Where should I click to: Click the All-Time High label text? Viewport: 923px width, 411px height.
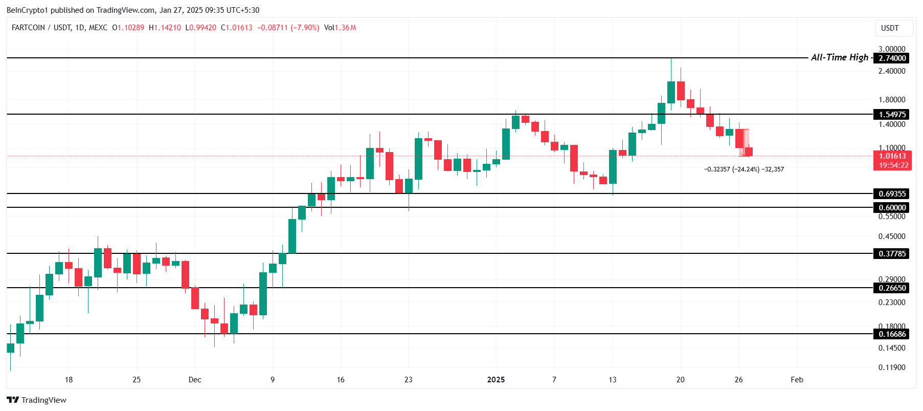click(839, 57)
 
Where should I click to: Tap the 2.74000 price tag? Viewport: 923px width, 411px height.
click(892, 58)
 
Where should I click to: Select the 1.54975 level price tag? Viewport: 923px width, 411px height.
click(892, 115)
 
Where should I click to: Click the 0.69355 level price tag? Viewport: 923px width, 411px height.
click(892, 194)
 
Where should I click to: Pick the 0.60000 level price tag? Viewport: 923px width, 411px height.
click(892, 208)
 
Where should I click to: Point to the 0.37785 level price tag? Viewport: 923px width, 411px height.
click(892, 254)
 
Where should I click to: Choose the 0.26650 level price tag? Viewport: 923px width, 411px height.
click(892, 288)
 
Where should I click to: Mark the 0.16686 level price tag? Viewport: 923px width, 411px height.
click(892, 334)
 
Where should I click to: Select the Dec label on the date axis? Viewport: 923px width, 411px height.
click(195, 380)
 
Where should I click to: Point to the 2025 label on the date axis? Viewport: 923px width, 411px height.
click(496, 380)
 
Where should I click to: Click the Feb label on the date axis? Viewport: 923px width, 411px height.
click(797, 380)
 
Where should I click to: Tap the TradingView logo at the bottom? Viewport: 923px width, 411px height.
click(37, 400)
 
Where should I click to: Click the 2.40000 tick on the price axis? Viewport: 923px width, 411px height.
click(891, 71)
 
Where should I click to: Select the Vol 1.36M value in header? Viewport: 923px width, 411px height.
click(340, 28)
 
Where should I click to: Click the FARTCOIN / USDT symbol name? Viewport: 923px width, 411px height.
click(41, 28)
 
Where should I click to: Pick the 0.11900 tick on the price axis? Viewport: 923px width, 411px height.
click(891, 367)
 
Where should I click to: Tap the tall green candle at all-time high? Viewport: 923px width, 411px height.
click(671, 92)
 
